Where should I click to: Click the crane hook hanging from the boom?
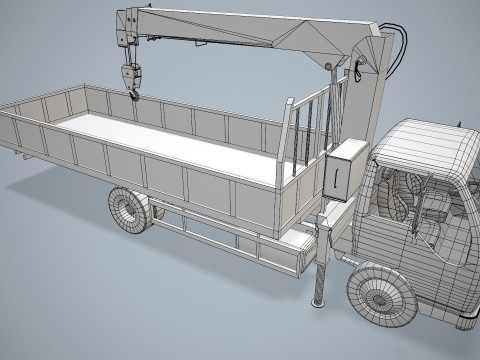coord(130,79)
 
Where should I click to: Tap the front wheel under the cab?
coord(380,295)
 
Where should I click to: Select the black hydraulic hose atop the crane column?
coord(404,50)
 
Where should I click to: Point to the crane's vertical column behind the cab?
coord(368,100)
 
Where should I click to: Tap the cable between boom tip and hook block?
coord(130,52)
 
